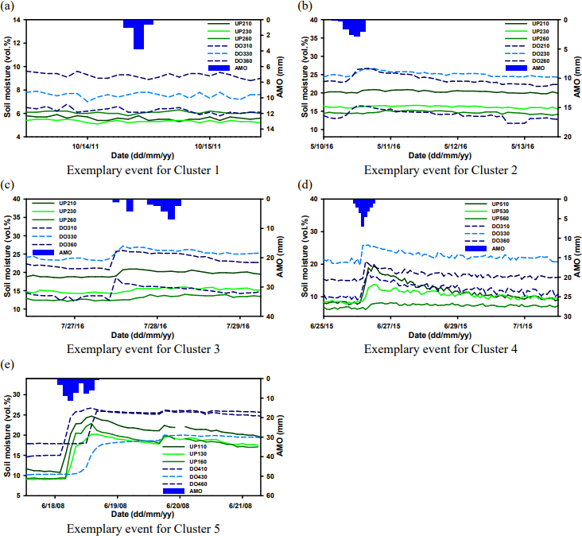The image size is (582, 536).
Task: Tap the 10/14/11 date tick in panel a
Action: point(85,146)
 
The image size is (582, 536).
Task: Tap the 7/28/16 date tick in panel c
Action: point(156,325)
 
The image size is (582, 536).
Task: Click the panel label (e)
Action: point(10,364)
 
